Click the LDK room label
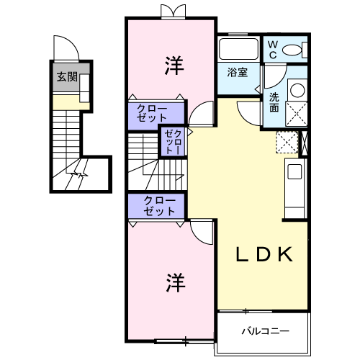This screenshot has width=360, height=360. [265, 254]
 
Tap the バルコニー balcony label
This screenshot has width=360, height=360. [264, 332]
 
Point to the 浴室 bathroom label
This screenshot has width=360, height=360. [238, 72]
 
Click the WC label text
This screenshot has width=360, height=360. [273, 49]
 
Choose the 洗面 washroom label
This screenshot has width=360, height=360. [274, 102]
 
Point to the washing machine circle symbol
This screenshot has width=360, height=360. [297, 90]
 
